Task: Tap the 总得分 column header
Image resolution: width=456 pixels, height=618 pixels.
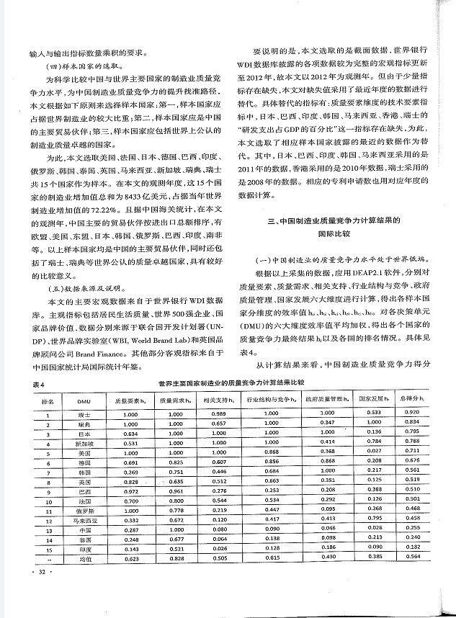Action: coord(411,398)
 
